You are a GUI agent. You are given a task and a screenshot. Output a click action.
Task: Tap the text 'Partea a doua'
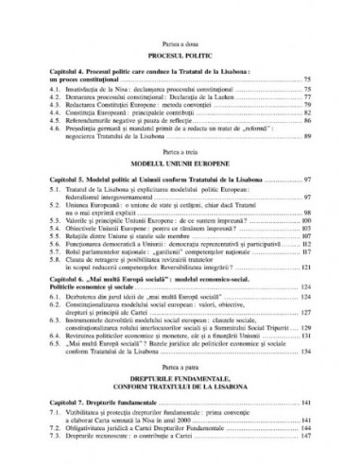180,42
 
